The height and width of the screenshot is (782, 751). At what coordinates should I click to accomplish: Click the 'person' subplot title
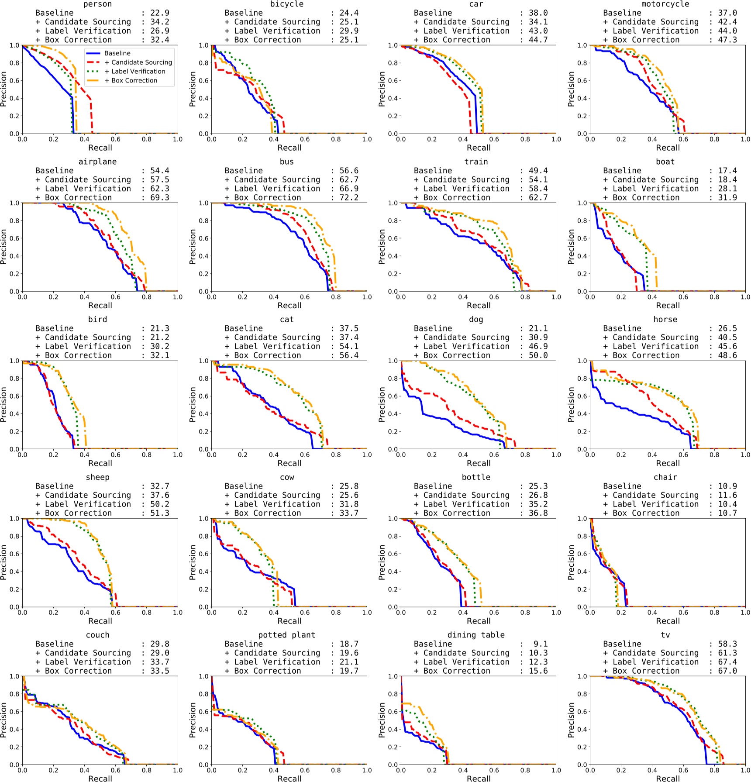97,4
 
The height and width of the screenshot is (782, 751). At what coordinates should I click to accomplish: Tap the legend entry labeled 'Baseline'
117,53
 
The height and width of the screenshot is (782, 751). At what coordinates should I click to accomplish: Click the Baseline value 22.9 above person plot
159,13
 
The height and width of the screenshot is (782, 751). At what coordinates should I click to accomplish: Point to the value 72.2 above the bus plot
349,197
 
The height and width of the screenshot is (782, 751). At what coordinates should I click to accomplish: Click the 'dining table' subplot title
476,635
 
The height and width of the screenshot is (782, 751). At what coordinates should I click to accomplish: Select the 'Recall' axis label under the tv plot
668,778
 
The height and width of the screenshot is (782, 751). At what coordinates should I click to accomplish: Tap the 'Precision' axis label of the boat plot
571,247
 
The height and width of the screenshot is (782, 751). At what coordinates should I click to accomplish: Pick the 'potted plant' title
286,635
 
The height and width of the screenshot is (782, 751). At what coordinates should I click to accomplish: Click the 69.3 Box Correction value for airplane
159,197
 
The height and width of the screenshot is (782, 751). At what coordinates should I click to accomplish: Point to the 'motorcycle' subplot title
665,4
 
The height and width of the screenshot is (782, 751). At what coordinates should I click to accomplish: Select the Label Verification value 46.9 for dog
538,346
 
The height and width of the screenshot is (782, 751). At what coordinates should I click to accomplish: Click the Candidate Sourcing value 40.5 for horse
727,338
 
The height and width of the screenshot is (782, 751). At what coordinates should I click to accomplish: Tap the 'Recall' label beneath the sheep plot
100,621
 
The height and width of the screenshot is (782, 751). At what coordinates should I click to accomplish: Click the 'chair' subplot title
665,477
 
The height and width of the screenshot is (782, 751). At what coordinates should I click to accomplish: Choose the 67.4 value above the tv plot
727,662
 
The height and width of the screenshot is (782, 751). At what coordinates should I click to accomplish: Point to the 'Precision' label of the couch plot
3,720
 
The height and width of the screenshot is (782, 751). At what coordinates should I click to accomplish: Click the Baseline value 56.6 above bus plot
349,171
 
